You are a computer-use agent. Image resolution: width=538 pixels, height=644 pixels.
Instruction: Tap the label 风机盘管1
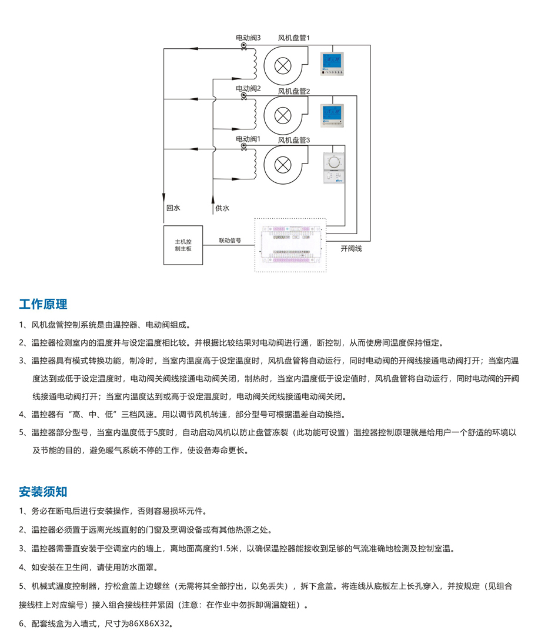tap(294, 38)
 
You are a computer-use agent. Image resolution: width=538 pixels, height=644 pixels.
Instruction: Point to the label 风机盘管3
tap(294, 140)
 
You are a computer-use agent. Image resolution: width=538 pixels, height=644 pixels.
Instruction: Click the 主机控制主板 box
tap(183, 245)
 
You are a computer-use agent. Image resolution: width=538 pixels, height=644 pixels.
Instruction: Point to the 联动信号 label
tap(230, 241)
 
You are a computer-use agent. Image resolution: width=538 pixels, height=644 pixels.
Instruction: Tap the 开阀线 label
tap(352, 249)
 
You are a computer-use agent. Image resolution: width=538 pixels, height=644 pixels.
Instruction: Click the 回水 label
tap(172, 208)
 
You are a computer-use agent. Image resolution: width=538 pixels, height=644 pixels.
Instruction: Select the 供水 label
tap(222, 208)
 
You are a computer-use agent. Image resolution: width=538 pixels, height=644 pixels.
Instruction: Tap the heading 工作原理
tap(43, 304)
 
